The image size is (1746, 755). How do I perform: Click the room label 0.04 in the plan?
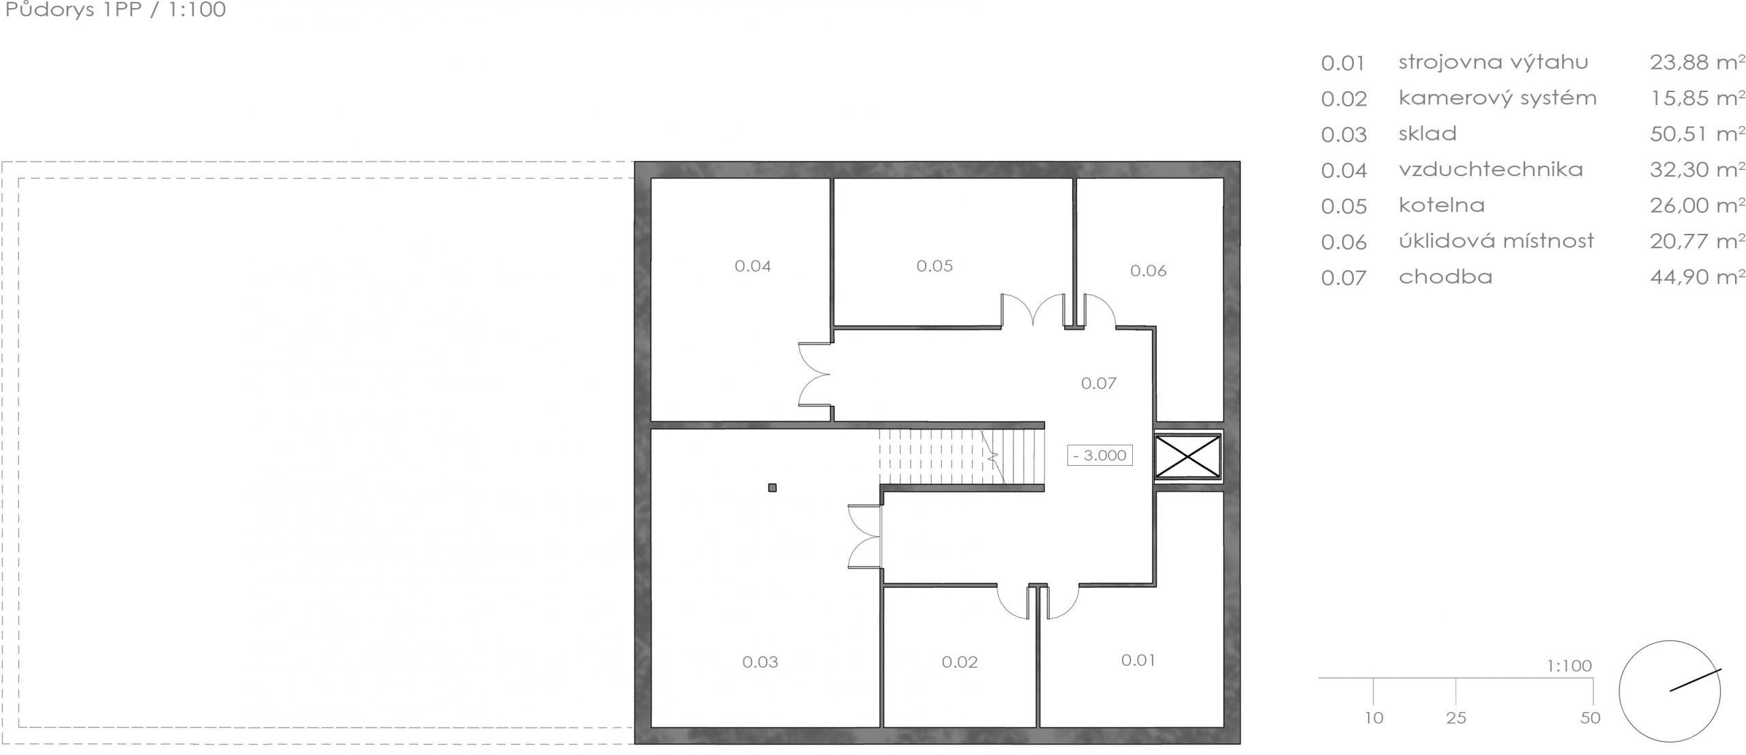pyautogui.click(x=752, y=266)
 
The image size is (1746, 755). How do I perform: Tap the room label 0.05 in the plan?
pyautogui.click(x=934, y=266)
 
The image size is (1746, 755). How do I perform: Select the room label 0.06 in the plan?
pyautogui.click(x=1148, y=271)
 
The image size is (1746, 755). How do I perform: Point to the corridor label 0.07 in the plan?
pyautogui.click(x=1098, y=383)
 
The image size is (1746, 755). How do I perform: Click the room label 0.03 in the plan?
pyautogui.click(x=760, y=662)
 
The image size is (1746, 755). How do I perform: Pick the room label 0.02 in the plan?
pyautogui.click(x=960, y=662)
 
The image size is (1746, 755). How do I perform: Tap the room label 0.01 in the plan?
pyautogui.click(x=1138, y=660)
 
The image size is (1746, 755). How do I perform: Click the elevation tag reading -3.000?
pyautogui.click(x=1099, y=455)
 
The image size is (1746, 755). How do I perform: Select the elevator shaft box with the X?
pyautogui.click(x=1187, y=456)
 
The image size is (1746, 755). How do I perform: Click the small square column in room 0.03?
pyautogui.click(x=772, y=488)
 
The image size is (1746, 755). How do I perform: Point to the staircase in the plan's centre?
pyautogui.click(x=962, y=456)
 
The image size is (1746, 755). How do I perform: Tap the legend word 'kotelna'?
pyautogui.click(x=1441, y=205)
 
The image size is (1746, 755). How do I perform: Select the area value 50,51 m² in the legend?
pyautogui.click(x=1697, y=134)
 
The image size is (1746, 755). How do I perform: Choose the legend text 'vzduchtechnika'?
pyautogui.click(x=1490, y=169)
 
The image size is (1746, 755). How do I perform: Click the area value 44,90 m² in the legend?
pyautogui.click(x=1697, y=277)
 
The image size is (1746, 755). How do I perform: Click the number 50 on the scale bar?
pyautogui.click(x=1590, y=718)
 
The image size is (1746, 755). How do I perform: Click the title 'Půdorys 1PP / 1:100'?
pyautogui.click(x=115, y=10)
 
